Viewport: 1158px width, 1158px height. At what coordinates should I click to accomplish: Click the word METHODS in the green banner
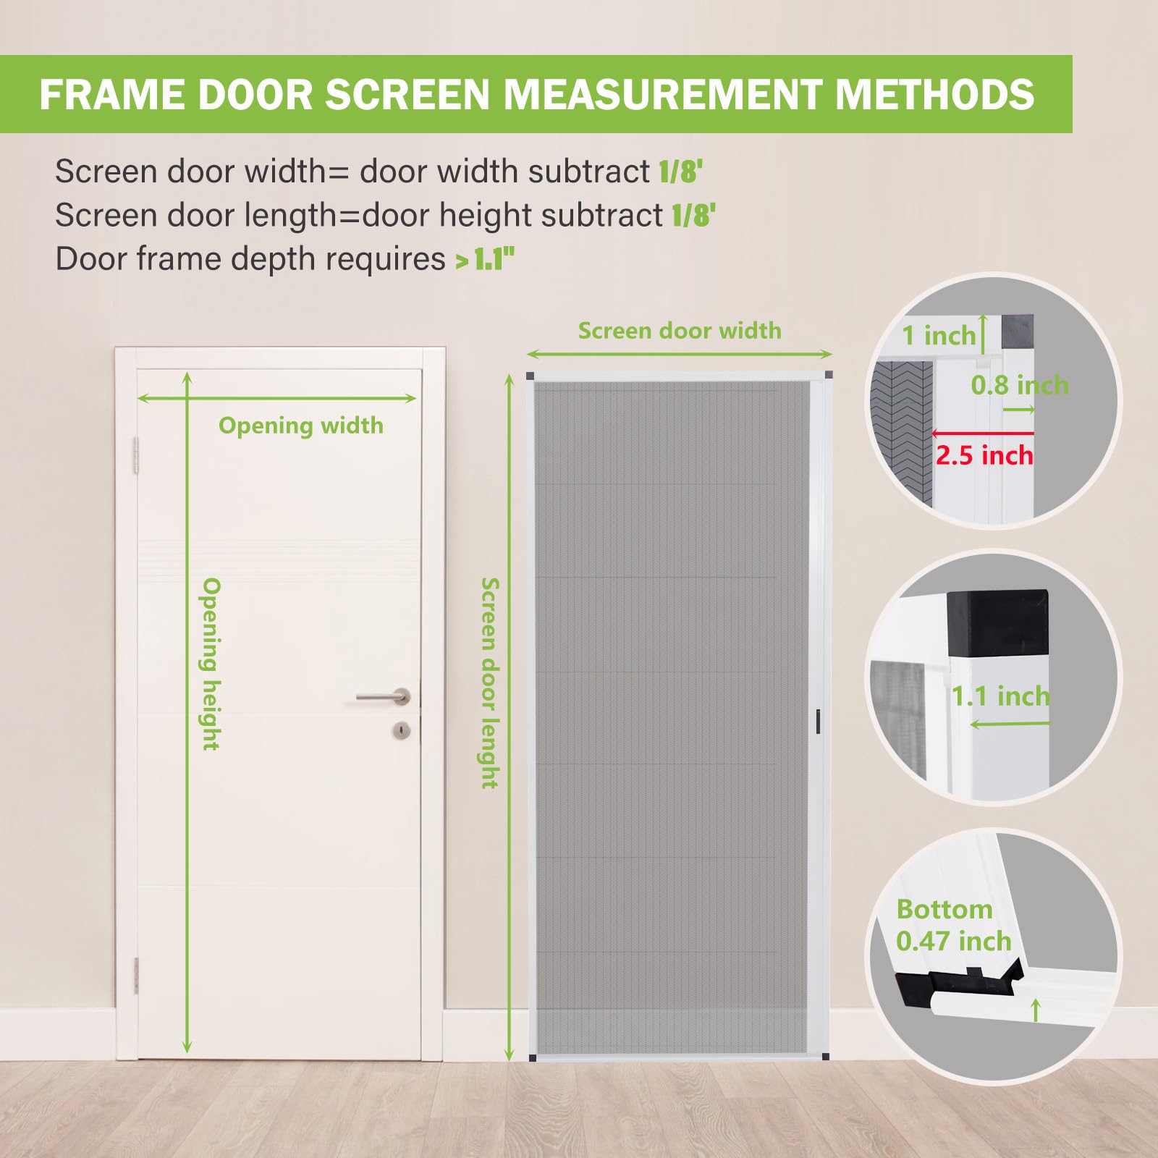point(935,94)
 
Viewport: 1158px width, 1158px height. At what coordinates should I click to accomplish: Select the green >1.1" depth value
point(484,259)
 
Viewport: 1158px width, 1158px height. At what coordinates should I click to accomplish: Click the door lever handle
point(384,697)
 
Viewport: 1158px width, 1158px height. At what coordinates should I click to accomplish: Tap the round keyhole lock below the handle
point(402,730)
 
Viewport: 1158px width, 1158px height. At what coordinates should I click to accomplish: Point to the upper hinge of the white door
point(135,456)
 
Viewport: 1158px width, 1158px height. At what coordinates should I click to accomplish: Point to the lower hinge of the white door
point(135,975)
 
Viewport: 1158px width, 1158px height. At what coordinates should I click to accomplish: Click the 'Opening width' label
point(301,426)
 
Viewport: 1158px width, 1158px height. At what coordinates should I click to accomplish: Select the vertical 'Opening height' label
point(211,664)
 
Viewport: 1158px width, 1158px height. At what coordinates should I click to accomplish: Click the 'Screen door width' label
point(680,331)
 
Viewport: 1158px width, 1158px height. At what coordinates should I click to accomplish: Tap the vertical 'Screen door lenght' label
point(491,682)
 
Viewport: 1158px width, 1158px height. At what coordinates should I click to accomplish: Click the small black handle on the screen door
point(819,722)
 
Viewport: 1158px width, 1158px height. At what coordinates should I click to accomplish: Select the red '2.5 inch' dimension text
point(984,455)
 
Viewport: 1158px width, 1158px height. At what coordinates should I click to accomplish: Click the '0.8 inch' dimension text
point(1020,385)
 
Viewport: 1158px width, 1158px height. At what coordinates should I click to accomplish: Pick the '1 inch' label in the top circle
point(939,336)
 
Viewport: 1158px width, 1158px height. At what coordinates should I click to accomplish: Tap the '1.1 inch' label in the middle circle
point(1001,696)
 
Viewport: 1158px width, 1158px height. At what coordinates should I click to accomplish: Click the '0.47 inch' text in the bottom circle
point(953,941)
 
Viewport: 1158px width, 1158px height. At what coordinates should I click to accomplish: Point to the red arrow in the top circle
point(982,434)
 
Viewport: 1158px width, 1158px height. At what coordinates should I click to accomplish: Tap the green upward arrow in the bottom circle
point(1036,1010)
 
